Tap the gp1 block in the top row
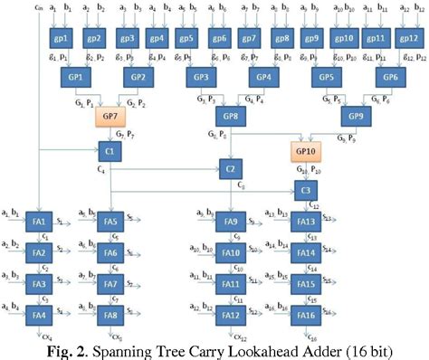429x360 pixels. pos(61,40)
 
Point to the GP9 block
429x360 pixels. pos(355,117)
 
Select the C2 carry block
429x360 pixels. pos(231,169)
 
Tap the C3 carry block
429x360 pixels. pos(307,190)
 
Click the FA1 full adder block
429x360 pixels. pos(38,222)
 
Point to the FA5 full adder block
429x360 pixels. pos(110,222)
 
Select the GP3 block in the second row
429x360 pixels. pos(201,79)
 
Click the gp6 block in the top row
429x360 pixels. pos(218,40)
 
